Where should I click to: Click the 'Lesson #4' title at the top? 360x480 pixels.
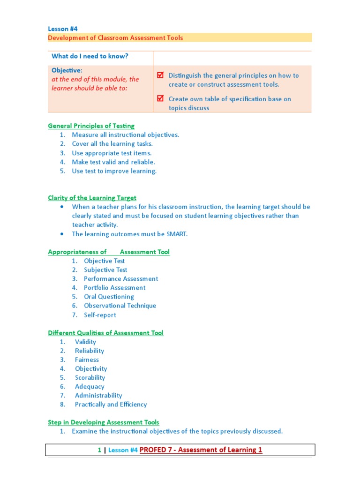click(x=63, y=29)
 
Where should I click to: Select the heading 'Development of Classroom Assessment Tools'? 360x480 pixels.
click(x=115, y=37)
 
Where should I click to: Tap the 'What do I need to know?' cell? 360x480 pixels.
click(x=90, y=56)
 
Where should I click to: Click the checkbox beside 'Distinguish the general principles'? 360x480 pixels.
click(x=160, y=75)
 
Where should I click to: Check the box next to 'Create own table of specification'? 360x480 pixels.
click(x=160, y=98)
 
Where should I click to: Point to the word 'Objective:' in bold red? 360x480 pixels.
click(x=67, y=70)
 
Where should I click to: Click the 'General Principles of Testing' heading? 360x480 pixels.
click(x=91, y=126)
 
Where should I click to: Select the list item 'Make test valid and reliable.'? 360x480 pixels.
click(x=113, y=162)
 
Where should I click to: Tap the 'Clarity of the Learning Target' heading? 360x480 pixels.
click(x=92, y=198)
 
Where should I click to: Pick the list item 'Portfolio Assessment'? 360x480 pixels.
click(x=114, y=287)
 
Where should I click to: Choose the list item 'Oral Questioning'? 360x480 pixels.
click(x=109, y=296)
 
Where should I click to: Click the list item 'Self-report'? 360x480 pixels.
click(x=100, y=315)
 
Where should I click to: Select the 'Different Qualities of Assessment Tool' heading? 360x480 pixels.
click(x=105, y=333)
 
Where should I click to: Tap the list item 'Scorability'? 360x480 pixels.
click(x=90, y=377)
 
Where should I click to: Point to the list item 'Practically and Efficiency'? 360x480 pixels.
click(x=111, y=404)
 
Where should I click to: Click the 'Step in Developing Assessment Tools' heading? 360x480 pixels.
click(x=103, y=422)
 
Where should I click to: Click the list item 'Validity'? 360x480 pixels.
click(x=85, y=342)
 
